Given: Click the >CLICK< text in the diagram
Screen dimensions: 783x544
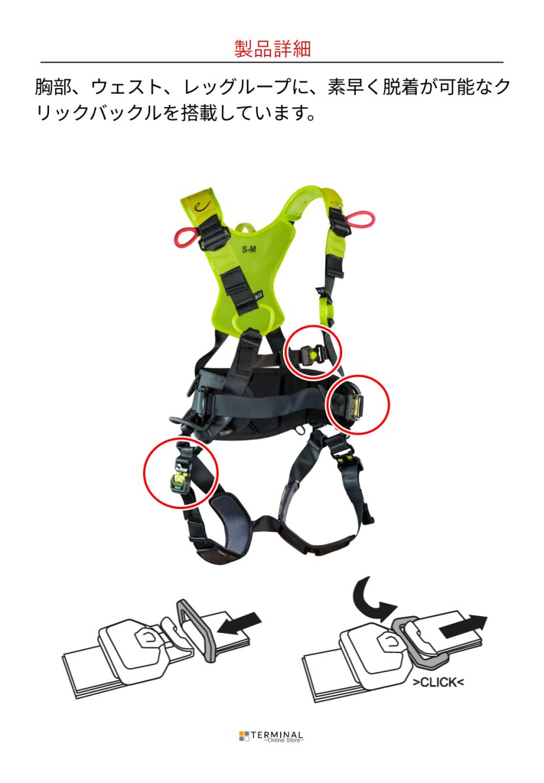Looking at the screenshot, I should click(x=438, y=683).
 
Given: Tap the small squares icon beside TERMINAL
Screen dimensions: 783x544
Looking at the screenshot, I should click(x=244, y=736).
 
